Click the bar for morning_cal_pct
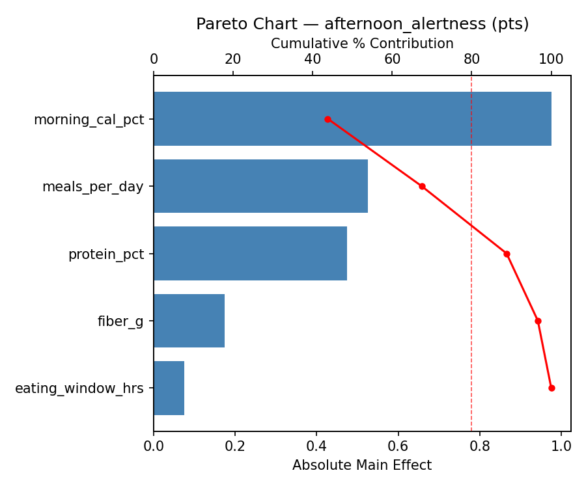352,119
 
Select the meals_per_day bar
260,186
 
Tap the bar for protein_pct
250,254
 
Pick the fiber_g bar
189,321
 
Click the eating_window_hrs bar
169,388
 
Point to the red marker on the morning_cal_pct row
328,119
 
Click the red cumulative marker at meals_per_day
422,186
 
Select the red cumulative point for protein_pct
507,254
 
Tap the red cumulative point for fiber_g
538,321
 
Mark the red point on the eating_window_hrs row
551,388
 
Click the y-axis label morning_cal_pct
89,120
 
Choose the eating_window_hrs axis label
79,388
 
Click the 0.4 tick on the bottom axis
316,446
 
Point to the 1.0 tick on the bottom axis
561,446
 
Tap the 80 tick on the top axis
471,59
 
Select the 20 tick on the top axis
233,59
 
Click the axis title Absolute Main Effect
361,465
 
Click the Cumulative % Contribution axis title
362,44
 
